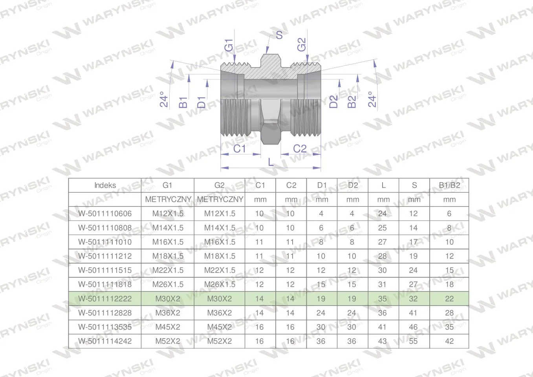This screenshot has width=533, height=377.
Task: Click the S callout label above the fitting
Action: pos(279,35)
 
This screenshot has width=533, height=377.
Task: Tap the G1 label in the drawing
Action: pos(229,45)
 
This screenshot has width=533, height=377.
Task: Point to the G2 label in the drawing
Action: pos(302,44)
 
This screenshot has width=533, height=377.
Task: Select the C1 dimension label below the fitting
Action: pos(239,149)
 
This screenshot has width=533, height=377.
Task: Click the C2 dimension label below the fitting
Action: pos(300,149)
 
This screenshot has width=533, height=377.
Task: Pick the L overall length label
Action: pos(271,162)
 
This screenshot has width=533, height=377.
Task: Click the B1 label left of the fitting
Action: pos(183,102)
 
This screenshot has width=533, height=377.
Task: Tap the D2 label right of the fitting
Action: pos(333,102)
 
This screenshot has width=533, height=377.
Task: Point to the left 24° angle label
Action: pos(164,99)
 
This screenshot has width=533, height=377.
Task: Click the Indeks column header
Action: pos(105,185)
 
